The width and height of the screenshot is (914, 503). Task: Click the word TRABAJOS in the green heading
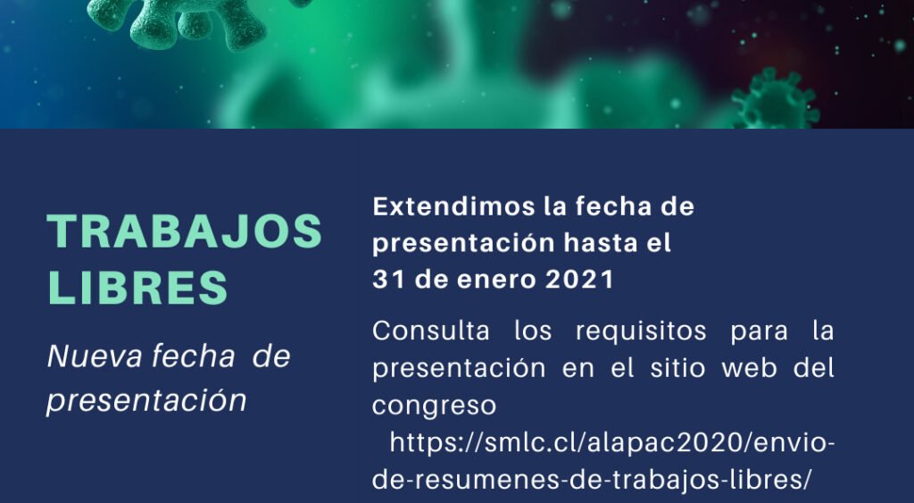click(184, 231)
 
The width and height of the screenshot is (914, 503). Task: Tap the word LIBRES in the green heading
click(137, 287)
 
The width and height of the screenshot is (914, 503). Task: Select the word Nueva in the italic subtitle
click(95, 356)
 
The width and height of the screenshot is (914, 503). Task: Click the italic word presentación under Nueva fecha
click(146, 401)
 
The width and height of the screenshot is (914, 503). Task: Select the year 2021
click(579, 280)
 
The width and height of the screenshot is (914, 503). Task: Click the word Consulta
click(431, 331)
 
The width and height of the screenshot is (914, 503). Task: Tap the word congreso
click(435, 407)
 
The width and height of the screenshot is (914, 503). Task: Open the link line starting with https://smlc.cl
click(612, 443)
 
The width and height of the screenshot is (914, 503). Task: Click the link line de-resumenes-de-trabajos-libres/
click(592, 481)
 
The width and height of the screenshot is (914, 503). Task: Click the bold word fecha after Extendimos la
click(613, 206)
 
